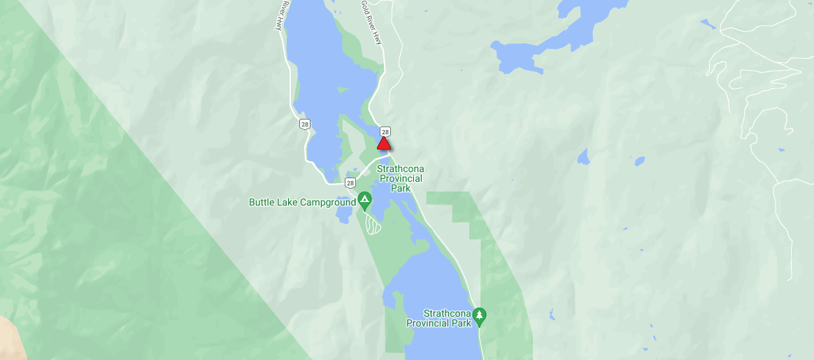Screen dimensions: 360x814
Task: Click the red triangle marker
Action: [383, 144]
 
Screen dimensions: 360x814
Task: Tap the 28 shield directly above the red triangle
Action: [385, 131]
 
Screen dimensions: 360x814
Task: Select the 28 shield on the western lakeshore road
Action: [304, 124]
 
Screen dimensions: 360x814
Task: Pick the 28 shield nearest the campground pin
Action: [350, 182]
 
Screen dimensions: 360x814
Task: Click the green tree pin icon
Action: [479, 316]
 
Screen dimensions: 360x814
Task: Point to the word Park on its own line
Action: [400, 188]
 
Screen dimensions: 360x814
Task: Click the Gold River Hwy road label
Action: [371, 23]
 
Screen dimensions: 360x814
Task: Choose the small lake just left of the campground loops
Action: [343, 215]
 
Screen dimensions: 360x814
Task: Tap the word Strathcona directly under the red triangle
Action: [400, 169]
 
